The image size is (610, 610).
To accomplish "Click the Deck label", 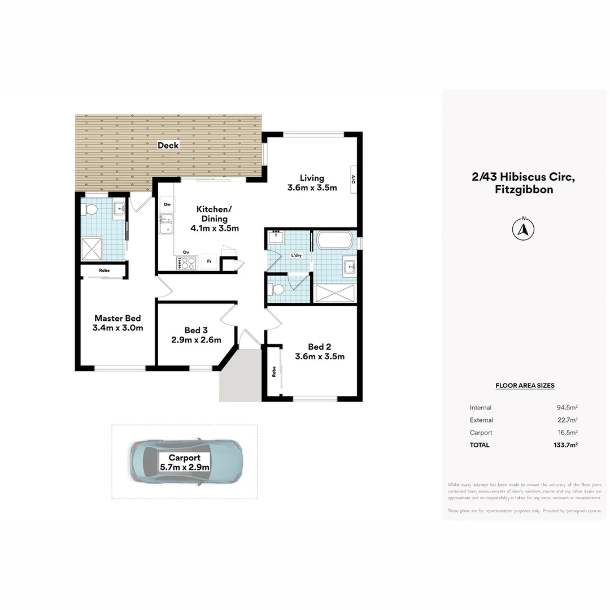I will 168,145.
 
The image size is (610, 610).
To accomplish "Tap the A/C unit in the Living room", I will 353,180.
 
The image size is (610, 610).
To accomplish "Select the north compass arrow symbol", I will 524,229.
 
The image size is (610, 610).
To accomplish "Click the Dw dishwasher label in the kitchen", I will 167,204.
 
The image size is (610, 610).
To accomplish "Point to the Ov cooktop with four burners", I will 187,263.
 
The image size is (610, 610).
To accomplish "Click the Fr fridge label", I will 209,262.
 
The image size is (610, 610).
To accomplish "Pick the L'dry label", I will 297,256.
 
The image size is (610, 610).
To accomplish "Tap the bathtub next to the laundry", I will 335,240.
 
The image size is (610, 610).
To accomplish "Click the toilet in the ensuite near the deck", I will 90,210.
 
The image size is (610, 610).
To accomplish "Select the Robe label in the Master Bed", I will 104,271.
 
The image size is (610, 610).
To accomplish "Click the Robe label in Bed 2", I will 274,372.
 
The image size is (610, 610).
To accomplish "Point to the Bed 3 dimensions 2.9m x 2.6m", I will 197,340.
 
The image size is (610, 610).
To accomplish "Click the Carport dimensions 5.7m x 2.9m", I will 185,467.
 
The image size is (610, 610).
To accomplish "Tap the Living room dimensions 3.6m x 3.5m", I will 312,188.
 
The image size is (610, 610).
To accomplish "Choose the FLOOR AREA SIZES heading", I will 525,386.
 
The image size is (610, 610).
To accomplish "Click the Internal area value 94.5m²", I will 567,408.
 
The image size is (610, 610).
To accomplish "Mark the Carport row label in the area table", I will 481,433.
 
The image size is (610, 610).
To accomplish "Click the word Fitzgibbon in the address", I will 524,190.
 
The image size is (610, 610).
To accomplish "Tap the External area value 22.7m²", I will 567,420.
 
